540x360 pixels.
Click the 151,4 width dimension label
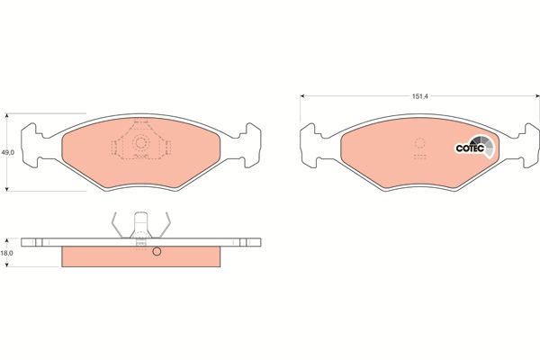(x=419, y=96)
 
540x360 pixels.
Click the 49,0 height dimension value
(x=7, y=152)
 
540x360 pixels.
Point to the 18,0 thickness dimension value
(x=6, y=253)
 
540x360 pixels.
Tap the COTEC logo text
(x=470, y=148)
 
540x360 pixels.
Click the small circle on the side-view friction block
(x=157, y=252)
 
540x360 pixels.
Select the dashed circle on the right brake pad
(x=419, y=142)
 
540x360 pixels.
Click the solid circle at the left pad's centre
(x=140, y=142)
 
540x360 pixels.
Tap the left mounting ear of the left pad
(x=30, y=145)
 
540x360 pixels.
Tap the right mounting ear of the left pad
(x=252, y=145)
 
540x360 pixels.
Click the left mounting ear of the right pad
(x=309, y=145)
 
